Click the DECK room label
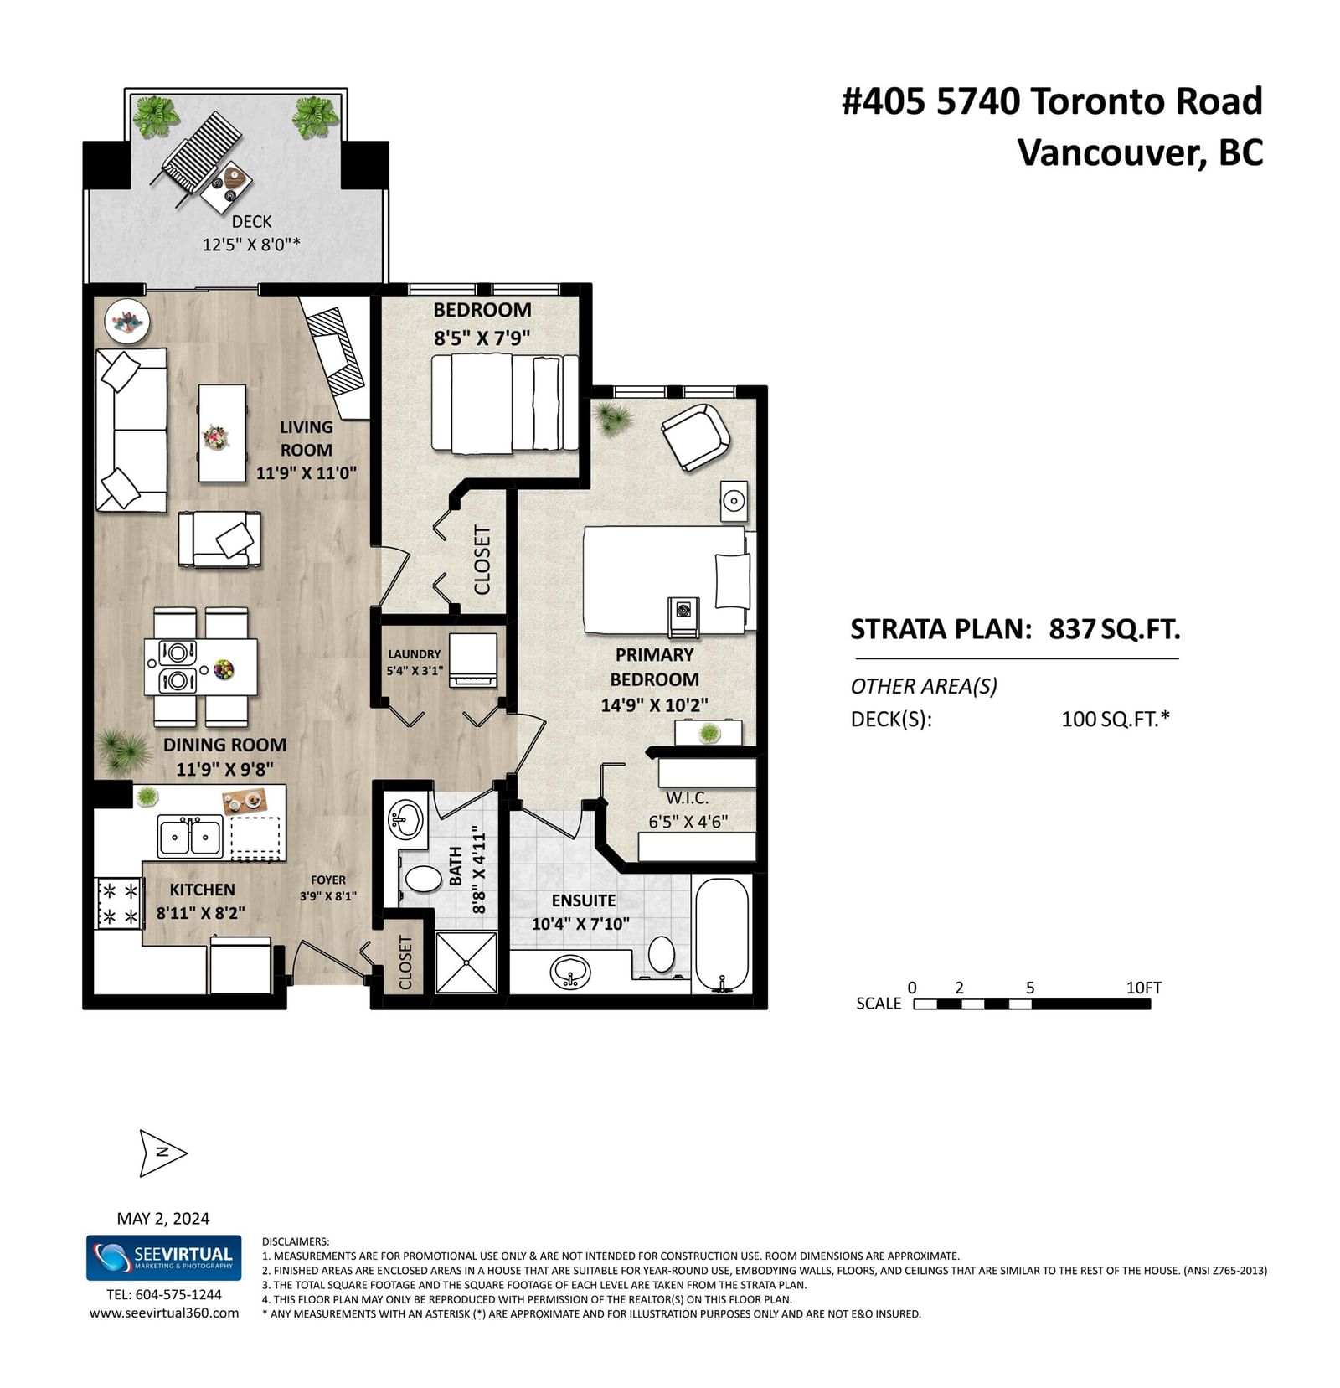(251, 221)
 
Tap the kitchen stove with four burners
(119, 903)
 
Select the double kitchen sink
(190, 837)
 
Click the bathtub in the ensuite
(722, 935)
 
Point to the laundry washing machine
(472, 660)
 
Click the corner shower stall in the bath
(466, 962)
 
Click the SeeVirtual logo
(164, 1257)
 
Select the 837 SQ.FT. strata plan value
(1115, 629)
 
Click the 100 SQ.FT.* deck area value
(1116, 719)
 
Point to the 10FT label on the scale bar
(1144, 988)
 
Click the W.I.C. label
(688, 798)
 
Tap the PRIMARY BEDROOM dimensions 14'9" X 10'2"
(655, 705)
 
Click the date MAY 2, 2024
(163, 1219)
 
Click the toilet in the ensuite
(662, 954)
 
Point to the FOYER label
(328, 880)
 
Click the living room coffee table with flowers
(222, 433)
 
